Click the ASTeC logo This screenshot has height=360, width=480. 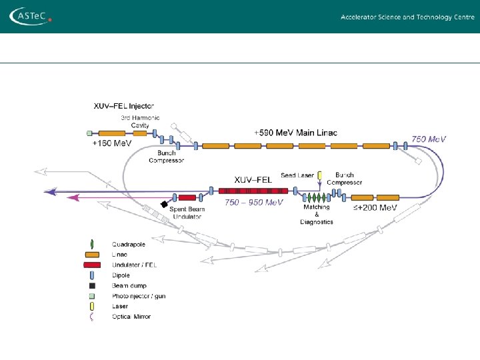coord(30,16)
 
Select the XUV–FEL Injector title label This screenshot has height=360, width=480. coord(123,105)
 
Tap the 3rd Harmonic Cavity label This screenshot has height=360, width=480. coord(140,121)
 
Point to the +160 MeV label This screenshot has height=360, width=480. coord(111,143)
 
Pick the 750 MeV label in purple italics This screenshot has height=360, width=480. coord(428,139)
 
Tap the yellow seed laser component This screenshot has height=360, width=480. coord(320,176)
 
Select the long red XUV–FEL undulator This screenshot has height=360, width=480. coord(253,191)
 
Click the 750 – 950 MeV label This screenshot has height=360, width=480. coord(253,202)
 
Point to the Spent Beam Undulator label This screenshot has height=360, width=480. coord(187,213)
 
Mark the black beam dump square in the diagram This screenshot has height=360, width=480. coord(164,203)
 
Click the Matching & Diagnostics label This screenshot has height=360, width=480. coord(316,214)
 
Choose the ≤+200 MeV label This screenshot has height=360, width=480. coord(375,207)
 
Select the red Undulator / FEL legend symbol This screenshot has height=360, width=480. coord(92,265)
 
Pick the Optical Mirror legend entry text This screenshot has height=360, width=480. coord(131,317)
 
